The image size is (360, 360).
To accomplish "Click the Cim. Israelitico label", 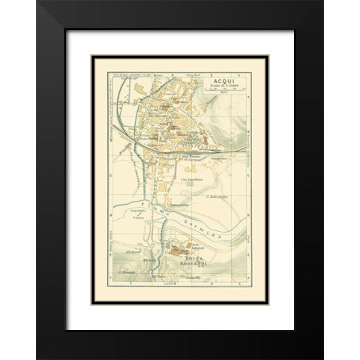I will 192,180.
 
